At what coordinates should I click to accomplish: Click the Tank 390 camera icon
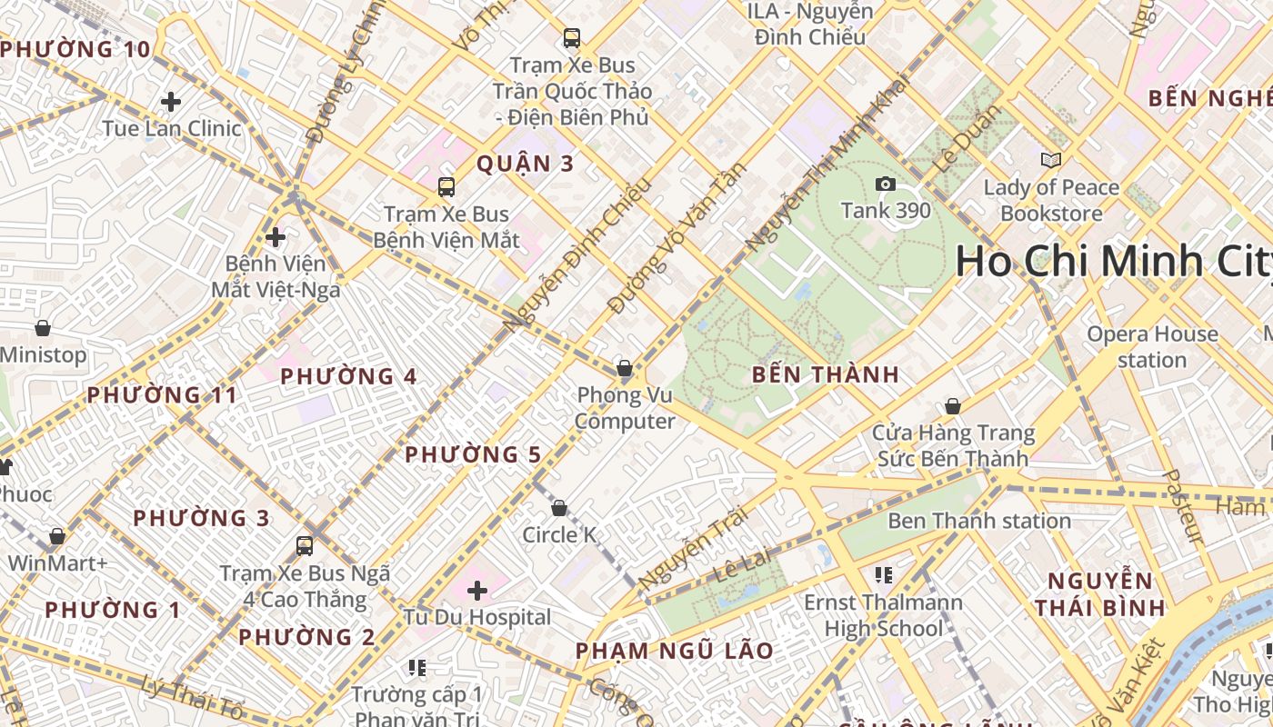tap(885, 184)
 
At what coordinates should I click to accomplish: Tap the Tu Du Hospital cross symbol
tap(477, 592)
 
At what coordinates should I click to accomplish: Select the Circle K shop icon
tap(559, 508)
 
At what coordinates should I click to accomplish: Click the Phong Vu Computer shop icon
tap(625, 368)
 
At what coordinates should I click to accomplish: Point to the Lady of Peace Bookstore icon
tap(1050, 161)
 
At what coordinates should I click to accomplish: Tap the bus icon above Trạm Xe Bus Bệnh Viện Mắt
tap(446, 187)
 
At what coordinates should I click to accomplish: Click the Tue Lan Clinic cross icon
tap(171, 102)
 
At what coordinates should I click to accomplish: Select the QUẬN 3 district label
tap(526, 164)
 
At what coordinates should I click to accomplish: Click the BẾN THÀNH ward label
tap(826, 374)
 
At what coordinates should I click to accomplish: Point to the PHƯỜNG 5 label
tap(473, 454)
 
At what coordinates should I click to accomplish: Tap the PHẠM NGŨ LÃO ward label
tap(674, 651)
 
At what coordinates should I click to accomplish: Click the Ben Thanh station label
tap(978, 521)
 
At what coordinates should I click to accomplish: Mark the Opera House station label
tap(1152, 347)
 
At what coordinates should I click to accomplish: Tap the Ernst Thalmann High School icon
tap(882, 574)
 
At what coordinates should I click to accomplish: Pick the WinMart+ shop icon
tap(57, 536)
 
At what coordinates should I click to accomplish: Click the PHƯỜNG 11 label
tap(161, 395)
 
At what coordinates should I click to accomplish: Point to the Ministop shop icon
tap(42, 328)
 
